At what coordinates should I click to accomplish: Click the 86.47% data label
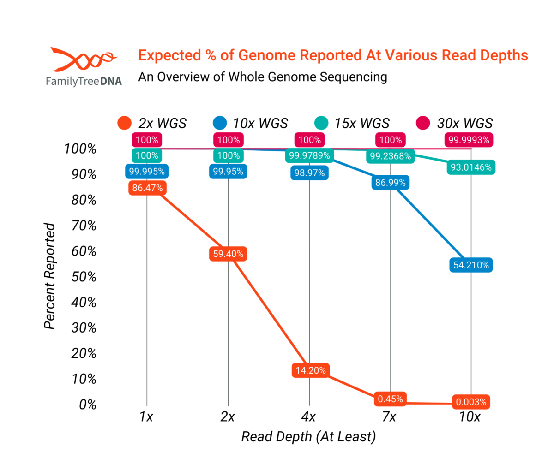pos(146,188)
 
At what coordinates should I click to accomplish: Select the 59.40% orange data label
pos(228,254)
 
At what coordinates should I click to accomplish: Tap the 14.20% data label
pos(309,370)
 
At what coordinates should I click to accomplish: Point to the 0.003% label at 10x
pos(471,402)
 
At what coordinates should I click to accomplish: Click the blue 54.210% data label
pos(471,265)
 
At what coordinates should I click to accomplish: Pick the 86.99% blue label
pos(391,183)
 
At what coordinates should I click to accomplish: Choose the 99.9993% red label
pos(469,140)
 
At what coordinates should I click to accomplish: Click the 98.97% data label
pos(309,173)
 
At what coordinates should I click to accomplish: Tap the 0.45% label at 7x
pos(391,399)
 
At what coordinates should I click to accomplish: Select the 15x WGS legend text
pos(360,123)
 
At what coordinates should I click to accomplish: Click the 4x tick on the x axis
pos(308,417)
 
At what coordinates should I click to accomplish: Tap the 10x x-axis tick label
pos(470,417)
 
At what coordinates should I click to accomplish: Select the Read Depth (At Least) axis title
pos(308,436)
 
